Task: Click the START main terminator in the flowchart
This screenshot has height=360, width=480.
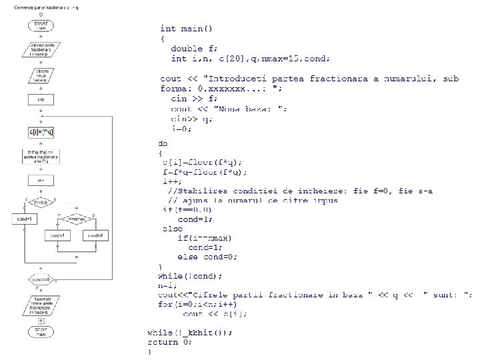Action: (41, 25)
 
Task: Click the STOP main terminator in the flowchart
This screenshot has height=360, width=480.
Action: (41, 331)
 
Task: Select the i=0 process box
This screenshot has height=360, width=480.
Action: (41, 100)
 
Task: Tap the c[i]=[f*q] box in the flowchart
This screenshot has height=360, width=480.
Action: (41, 133)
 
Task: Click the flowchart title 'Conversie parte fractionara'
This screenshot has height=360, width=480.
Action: (41, 7)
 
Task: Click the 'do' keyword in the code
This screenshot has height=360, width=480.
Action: (163, 143)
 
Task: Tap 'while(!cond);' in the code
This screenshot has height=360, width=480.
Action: (190, 275)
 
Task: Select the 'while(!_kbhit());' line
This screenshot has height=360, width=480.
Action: (190, 332)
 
